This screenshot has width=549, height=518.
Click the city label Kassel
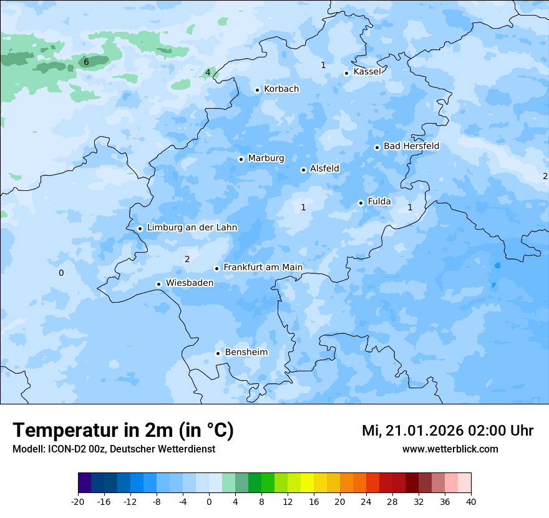pos(367,72)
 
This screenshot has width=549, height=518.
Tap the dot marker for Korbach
pos(257,90)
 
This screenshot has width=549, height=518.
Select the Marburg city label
pos(266,159)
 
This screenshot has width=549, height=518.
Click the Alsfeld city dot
pos(303,170)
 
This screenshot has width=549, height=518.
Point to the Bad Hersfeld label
pos(411,146)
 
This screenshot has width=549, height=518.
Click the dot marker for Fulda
pos(361,203)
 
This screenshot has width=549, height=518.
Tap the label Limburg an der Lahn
pos(192,228)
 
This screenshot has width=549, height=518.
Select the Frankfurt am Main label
pos(263,267)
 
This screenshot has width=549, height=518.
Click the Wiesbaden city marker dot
pos(158,284)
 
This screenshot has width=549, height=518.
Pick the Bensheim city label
pos(246,353)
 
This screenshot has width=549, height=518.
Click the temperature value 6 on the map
pos(86,62)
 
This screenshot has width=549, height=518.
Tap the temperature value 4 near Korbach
pos(208,72)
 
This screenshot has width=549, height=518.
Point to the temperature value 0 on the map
pos(61,273)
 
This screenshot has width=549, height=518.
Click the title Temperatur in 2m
pos(123,431)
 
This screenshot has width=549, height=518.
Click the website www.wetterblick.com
pos(450,449)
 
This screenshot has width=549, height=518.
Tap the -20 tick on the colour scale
pos(78,501)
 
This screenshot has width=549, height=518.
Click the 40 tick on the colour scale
pos(470,501)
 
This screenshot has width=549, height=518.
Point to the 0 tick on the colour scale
pos(209,501)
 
